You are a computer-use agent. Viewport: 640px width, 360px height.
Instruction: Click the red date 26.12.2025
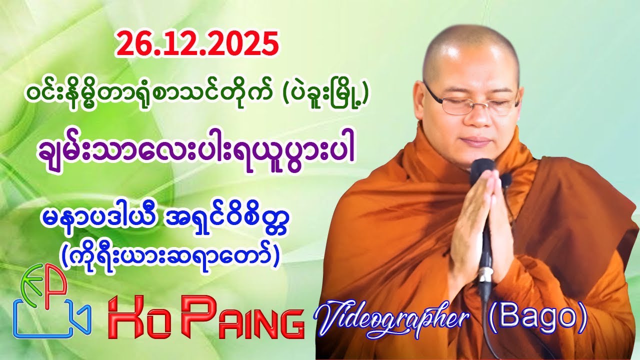196,44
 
